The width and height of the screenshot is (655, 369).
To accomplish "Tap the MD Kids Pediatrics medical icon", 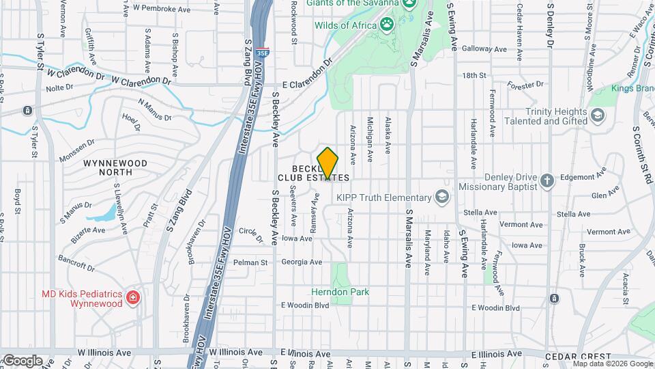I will click(133, 297).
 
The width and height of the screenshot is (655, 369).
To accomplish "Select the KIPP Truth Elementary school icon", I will click(442, 197).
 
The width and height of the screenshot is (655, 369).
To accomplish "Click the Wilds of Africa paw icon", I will click(388, 26).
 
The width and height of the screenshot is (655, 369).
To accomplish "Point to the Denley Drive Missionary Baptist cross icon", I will click(546, 181).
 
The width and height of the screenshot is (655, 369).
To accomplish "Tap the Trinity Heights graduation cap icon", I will click(598, 115).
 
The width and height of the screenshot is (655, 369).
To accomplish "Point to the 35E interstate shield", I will click(263, 51).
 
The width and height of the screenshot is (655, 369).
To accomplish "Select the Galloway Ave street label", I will click(484, 49).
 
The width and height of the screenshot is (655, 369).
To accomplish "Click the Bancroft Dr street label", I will click(75, 262).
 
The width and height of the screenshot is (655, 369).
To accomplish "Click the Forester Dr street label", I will click(525, 85).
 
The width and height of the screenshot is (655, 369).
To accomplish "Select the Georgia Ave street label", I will click(302, 262).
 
